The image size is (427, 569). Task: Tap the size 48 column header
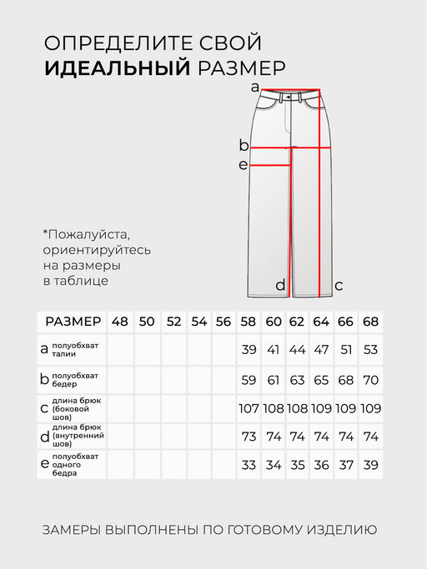[x=120, y=322]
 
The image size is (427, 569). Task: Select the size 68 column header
[x=371, y=322]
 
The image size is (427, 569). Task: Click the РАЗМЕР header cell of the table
[x=73, y=322]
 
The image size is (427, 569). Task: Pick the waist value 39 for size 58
[x=248, y=350]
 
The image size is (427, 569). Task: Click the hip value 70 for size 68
[x=371, y=379]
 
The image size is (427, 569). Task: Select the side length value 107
[x=248, y=408]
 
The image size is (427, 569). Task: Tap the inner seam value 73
[x=248, y=437]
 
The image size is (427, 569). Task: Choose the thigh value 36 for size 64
[x=322, y=465]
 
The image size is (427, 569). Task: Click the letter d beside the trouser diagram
[x=280, y=286]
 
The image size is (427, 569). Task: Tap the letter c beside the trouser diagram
[x=339, y=286]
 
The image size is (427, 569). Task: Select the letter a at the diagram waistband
[x=255, y=87]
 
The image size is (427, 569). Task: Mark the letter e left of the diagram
[x=244, y=165]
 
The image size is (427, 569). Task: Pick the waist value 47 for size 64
[x=322, y=350]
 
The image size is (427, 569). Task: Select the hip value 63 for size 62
[x=297, y=379]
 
